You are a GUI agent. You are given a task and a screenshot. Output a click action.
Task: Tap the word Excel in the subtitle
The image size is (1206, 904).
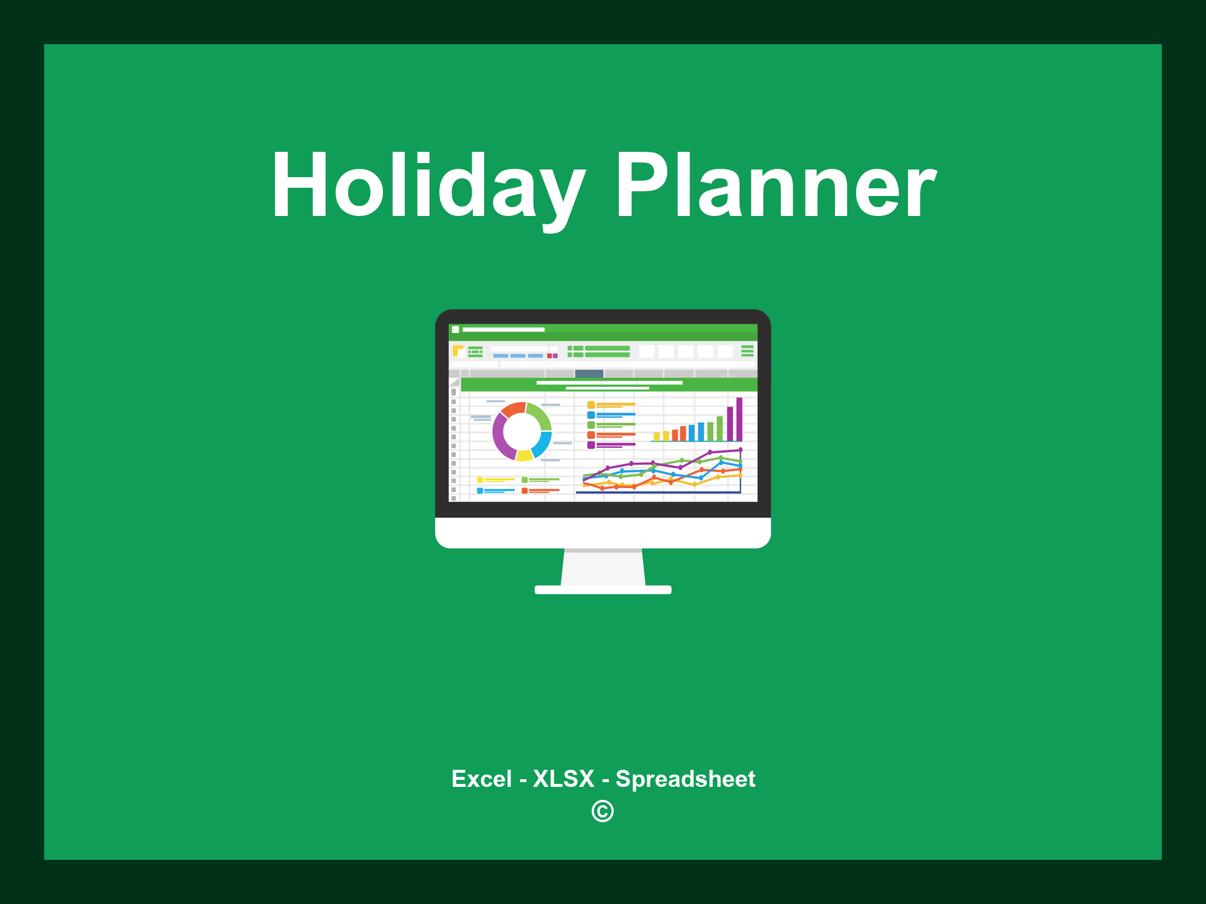pyautogui.click(x=481, y=779)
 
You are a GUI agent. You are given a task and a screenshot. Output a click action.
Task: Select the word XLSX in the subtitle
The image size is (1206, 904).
pyautogui.click(x=564, y=779)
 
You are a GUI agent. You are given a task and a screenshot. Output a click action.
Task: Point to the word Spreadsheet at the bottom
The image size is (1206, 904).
pyautogui.click(x=685, y=779)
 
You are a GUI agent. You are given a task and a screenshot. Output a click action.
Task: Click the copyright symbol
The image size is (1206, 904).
pyautogui.click(x=602, y=811)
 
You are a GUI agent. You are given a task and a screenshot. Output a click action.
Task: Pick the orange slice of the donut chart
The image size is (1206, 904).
pyautogui.click(x=512, y=409)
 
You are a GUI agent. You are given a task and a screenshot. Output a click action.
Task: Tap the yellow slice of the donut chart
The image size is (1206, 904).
pyautogui.click(x=524, y=456)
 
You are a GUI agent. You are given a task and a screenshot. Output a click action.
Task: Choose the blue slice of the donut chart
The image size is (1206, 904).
pyautogui.click(x=542, y=444)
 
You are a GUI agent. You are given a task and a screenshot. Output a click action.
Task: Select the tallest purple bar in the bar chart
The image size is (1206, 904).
pyautogui.click(x=739, y=419)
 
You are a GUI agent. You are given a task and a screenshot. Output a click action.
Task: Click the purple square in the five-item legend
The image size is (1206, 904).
pyautogui.click(x=591, y=445)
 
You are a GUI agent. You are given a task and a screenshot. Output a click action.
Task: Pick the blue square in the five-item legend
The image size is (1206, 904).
pyautogui.click(x=591, y=415)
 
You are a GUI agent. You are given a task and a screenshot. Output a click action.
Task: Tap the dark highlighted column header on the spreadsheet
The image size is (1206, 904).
pyautogui.click(x=589, y=374)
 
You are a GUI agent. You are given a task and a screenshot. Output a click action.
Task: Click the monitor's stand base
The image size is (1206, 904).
pyautogui.click(x=602, y=590)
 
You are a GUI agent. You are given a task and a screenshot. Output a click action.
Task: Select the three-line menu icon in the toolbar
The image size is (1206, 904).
pyautogui.click(x=747, y=351)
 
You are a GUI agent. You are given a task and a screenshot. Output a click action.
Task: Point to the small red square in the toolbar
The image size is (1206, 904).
pyautogui.click(x=549, y=356)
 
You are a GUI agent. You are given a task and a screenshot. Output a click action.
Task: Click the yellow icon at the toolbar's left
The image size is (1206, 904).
pyautogui.click(x=458, y=351)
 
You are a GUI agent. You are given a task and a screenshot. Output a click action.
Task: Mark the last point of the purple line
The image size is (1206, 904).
pyautogui.click(x=740, y=450)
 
